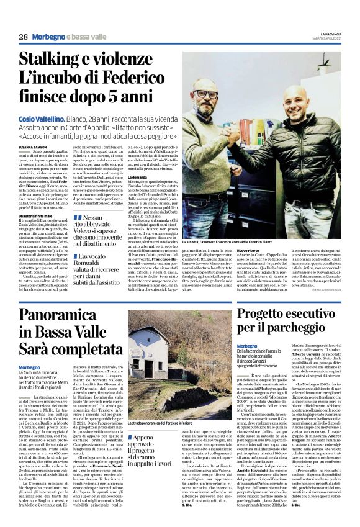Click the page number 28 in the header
coord(23,37)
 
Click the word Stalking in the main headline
coord(56,60)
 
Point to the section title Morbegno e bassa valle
coord(70,37)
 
